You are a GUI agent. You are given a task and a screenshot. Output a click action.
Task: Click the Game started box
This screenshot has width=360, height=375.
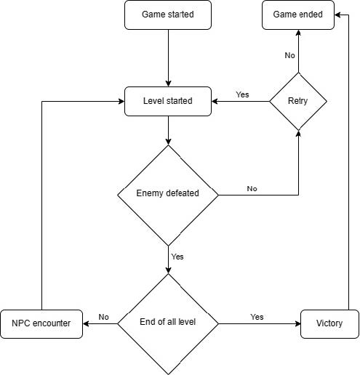pyautogui.click(x=168, y=15)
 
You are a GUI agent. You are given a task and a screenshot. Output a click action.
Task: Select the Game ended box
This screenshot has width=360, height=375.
pyautogui.click(x=298, y=15)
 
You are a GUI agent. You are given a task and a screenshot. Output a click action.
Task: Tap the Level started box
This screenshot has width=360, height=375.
pyautogui.click(x=168, y=101)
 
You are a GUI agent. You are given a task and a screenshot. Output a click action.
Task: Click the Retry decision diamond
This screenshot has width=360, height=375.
pyautogui.click(x=298, y=101)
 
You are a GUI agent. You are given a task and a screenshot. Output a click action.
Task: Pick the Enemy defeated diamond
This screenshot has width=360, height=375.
pyautogui.click(x=168, y=195)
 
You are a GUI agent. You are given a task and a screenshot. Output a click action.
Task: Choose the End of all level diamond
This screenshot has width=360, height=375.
pyautogui.click(x=168, y=324)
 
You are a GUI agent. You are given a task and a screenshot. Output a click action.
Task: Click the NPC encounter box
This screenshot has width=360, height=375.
pyautogui.click(x=41, y=324)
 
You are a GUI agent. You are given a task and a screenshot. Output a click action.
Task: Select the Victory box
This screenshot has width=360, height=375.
pyautogui.click(x=329, y=324)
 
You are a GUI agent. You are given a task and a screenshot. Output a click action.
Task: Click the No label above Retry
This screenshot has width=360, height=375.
pyautogui.click(x=289, y=55)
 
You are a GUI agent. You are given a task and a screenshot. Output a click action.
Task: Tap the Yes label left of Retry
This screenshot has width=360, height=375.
pyautogui.click(x=242, y=94)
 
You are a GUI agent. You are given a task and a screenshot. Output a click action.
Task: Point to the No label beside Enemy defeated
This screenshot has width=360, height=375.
pyautogui.click(x=252, y=189)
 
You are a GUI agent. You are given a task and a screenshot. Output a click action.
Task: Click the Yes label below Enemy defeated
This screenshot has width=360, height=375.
pyautogui.click(x=177, y=257)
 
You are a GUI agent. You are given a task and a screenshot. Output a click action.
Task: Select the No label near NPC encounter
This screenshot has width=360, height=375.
pyautogui.click(x=104, y=317)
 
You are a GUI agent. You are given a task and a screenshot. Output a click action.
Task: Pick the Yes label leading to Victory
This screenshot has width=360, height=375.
pyautogui.click(x=257, y=317)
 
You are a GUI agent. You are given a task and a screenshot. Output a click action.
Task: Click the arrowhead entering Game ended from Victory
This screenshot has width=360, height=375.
pyautogui.click(x=337, y=15)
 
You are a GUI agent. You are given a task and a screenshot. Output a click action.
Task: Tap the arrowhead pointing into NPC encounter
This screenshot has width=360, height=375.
pyautogui.click(x=86, y=323)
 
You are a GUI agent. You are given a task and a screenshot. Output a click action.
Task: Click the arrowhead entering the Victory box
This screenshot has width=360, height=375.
pyautogui.click(x=297, y=323)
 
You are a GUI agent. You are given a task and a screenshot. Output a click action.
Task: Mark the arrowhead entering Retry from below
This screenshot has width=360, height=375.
pyautogui.click(x=298, y=134)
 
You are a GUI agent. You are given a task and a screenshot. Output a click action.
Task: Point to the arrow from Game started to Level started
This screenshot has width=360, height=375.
pyautogui.click(x=168, y=58)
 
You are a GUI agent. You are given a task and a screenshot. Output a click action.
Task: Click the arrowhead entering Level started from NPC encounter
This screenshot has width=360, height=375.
pyautogui.click(x=121, y=101)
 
